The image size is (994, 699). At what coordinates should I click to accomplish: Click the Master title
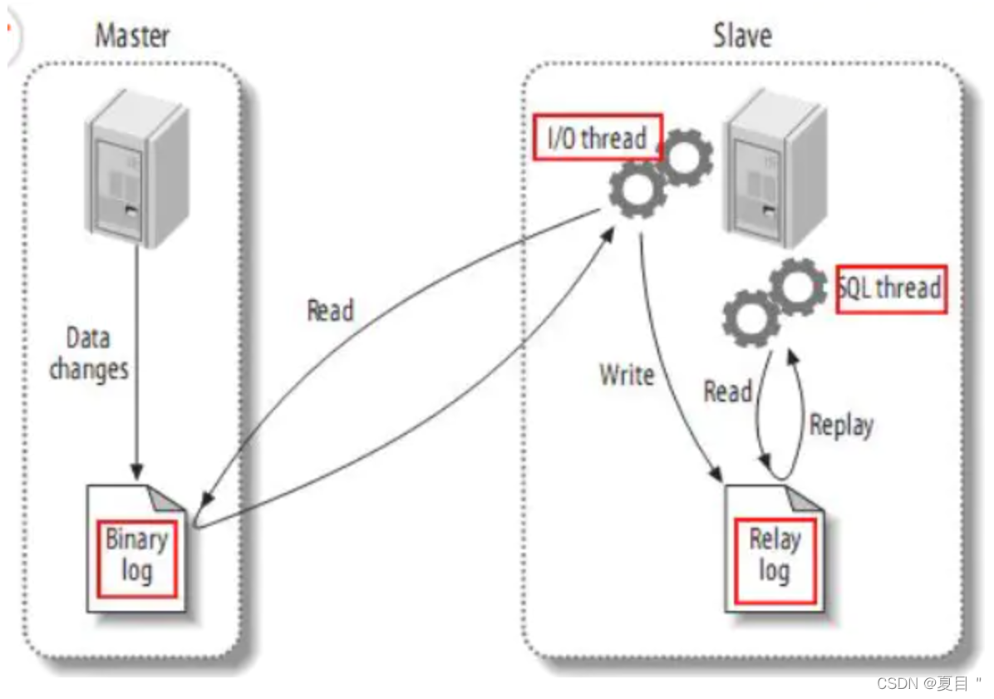click(x=133, y=36)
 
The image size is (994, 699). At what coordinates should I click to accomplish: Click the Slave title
click(x=742, y=36)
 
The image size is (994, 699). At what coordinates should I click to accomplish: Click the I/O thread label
click(x=597, y=138)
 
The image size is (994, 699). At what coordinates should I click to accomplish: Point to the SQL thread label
click(x=891, y=289)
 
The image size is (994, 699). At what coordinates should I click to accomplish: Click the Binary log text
click(x=137, y=555)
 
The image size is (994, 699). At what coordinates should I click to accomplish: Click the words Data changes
click(x=89, y=353)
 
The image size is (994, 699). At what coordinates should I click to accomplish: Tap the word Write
click(x=627, y=375)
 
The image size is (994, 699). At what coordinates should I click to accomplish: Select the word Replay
click(x=841, y=425)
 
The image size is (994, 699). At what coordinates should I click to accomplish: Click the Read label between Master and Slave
click(x=331, y=311)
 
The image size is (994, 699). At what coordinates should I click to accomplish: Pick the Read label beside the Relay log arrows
click(x=728, y=391)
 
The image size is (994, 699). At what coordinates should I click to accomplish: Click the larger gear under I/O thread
click(x=637, y=189)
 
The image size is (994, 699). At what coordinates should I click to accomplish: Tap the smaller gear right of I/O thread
click(x=685, y=157)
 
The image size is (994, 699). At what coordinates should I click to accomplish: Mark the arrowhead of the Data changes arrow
click(x=138, y=475)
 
